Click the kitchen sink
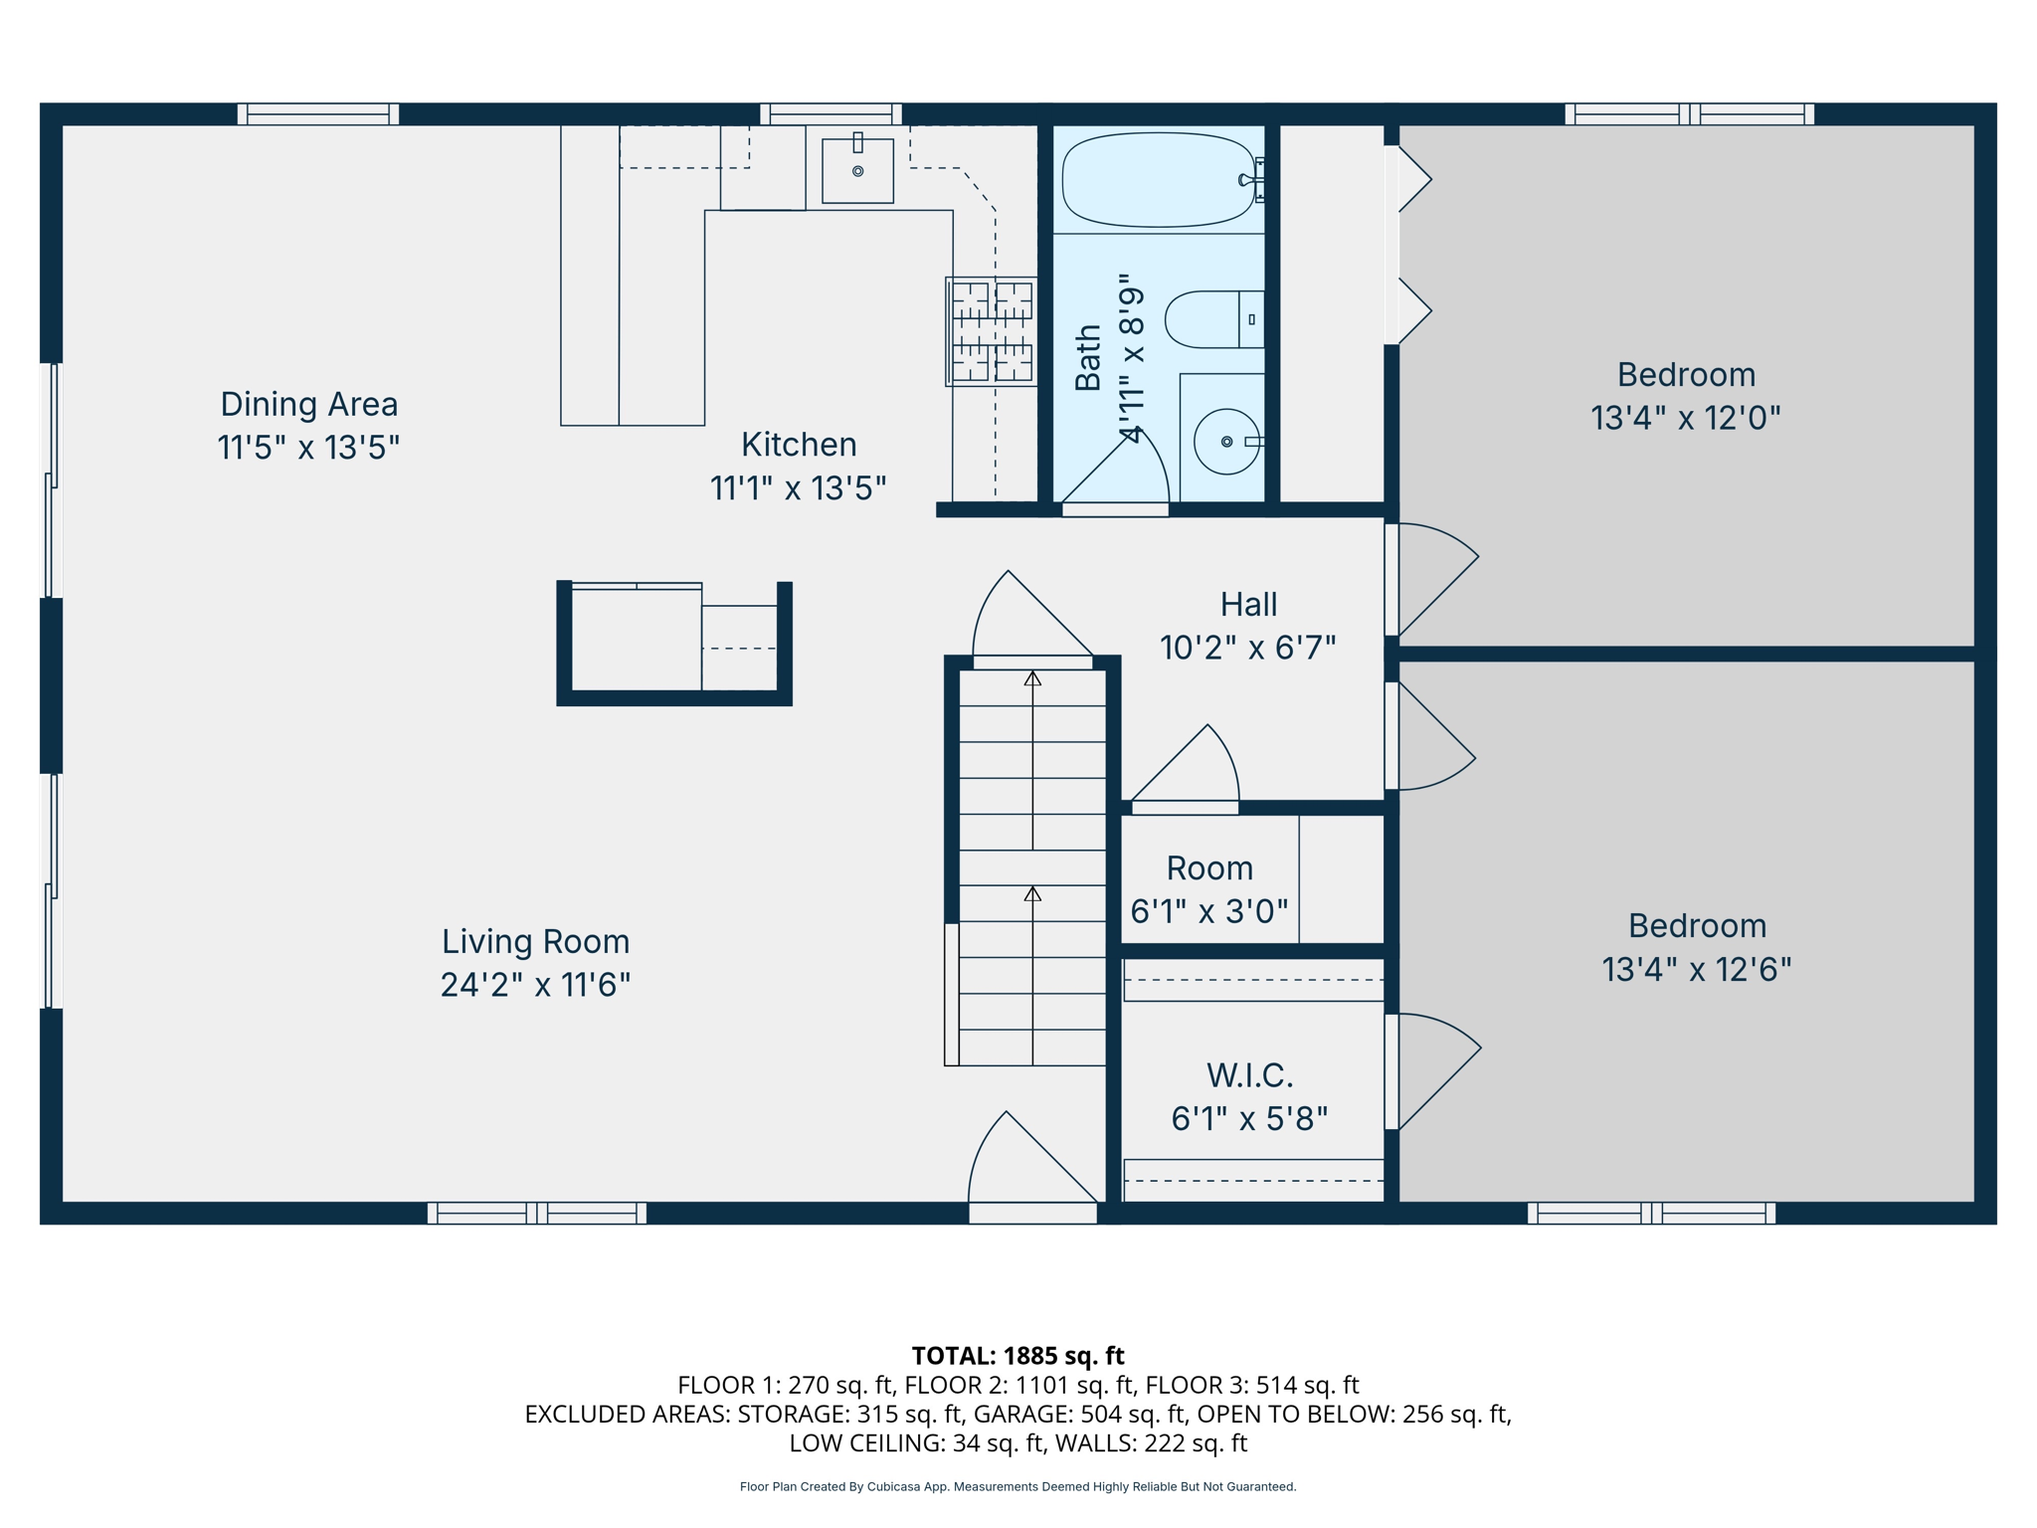point(857,170)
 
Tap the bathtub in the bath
point(1159,180)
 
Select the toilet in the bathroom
point(1213,319)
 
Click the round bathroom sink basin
point(1226,441)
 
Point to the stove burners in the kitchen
point(992,331)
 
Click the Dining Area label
point(308,404)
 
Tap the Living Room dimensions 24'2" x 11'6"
point(535,985)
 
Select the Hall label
point(1248,604)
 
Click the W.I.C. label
point(1249,1075)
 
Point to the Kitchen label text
point(799,444)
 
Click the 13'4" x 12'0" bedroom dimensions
point(1685,418)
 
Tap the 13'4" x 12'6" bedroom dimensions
point(1696,969)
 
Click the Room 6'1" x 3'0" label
point(1209,889)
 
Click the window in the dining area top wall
point(318,113)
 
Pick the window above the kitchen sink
point(832,113)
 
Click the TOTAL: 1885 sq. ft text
point(1018,1356)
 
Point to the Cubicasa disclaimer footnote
point(1018,1486)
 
